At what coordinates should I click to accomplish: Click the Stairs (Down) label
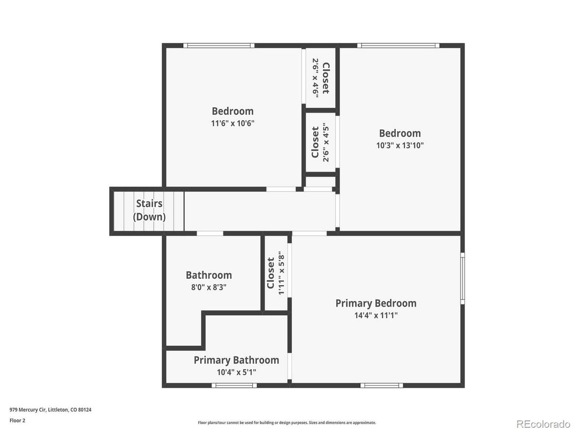(149, 210)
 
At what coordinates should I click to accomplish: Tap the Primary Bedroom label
(376, 303)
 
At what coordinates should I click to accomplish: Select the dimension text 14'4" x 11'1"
(376, 315)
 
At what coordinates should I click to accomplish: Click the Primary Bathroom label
(236, 360)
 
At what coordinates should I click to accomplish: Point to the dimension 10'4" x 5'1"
(236, 373)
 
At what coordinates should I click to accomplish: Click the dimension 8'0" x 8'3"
(209, 287)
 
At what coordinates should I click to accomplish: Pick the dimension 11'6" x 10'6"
(232, 123)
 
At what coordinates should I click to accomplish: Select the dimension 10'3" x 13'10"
(400, 145)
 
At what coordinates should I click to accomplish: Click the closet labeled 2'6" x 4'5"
(321, 142)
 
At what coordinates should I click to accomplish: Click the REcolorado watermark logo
(543, 424)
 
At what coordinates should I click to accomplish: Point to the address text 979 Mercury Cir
(28, 410)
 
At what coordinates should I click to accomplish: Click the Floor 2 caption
(17, 420)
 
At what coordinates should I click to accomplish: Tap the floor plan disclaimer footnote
(287, 422)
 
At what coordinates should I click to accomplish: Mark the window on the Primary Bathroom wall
(235, 385)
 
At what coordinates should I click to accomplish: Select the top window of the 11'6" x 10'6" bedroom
(218, 46)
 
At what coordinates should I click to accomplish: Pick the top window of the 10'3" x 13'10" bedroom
(398, 46)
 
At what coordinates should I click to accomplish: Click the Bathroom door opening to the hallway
(210, 234)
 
